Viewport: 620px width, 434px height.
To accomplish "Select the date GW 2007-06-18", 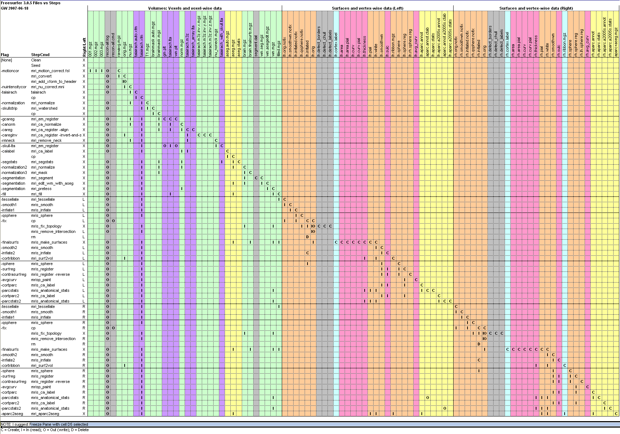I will coord(15,8).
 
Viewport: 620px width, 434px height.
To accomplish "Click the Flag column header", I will coord(5,55).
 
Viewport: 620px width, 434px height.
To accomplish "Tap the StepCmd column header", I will coord(40,55).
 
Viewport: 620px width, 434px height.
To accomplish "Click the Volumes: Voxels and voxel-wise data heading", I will coord(185,8).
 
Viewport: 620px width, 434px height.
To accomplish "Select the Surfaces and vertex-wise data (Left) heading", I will coord(367,8).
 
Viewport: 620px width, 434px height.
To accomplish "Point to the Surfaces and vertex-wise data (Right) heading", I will coord(536,8).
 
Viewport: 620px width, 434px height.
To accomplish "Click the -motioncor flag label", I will coord(10,71).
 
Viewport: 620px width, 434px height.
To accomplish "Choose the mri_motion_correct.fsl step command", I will coord(50,71).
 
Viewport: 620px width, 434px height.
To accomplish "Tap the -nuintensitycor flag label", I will coord(14,87).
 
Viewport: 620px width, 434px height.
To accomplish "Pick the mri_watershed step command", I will coord(44,108).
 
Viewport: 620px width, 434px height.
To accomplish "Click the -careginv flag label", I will coord(9,135).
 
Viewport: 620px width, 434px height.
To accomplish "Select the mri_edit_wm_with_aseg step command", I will coord(52,183).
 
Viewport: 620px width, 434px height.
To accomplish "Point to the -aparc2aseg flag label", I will coord(12,414).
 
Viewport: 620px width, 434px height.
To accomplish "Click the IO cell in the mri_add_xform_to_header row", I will coord(125,81).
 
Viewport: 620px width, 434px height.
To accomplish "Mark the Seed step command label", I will coord(36,65).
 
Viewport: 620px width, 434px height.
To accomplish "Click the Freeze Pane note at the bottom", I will coord(44,424).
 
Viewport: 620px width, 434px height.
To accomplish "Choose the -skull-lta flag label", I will coord(8,146).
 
